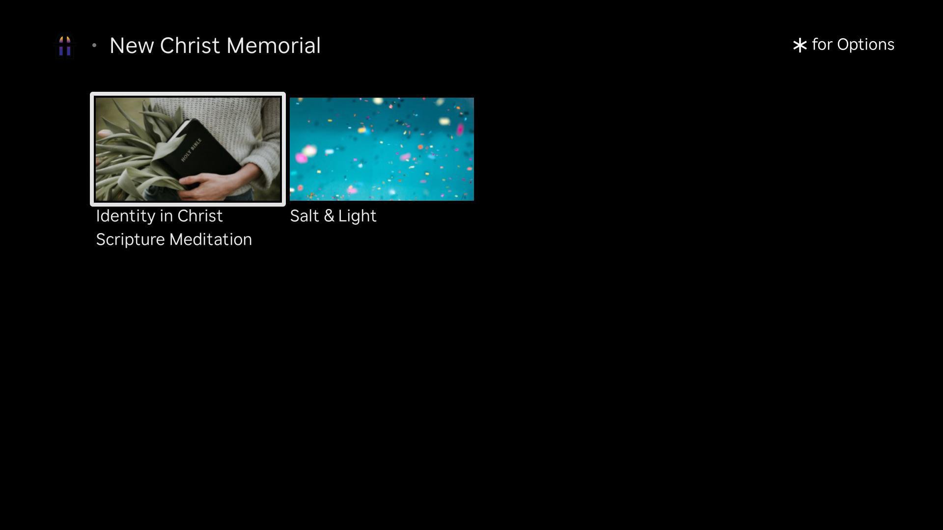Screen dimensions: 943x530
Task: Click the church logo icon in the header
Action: (65, 46)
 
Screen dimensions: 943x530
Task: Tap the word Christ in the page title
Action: (190, 46)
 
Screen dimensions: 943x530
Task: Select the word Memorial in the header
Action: (274, 46)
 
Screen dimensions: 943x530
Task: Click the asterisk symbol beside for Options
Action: (800, 45)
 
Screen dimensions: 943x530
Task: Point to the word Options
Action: (866, 45)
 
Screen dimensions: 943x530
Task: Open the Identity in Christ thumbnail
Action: (188, 149)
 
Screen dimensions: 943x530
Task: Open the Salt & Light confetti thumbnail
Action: (382, 149)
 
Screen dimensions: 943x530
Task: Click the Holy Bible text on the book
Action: (192, 150)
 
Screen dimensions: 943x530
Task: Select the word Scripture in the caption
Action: (130, 239)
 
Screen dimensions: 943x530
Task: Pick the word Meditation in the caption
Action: (211, 239)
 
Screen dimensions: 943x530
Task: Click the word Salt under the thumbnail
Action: (304, 216)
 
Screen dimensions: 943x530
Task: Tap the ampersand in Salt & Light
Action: (329, 216)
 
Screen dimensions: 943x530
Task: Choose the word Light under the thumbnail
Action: (358, 216)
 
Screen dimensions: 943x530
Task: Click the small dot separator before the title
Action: (94, 46)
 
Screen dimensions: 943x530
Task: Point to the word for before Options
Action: (822, 45)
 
